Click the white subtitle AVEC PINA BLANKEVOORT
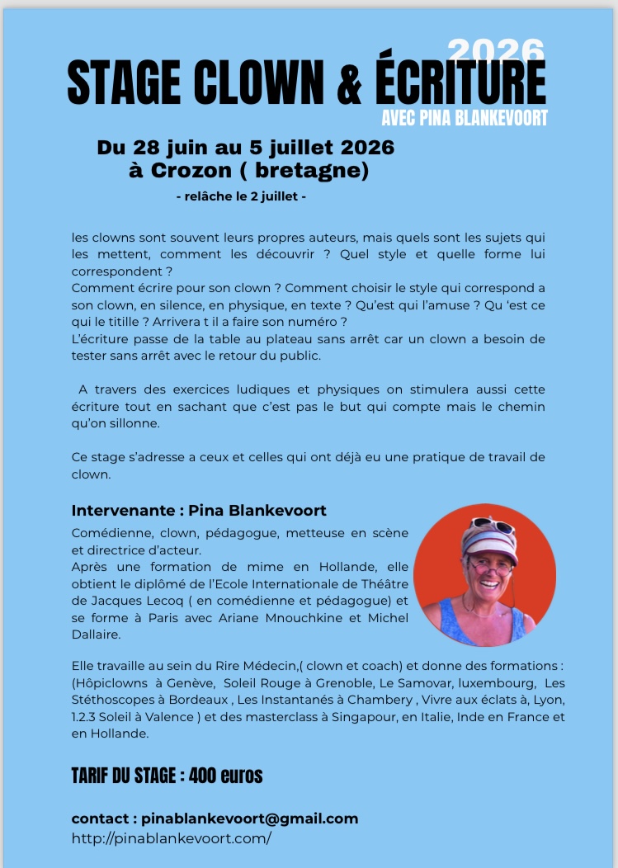pyautogui.click(x=465, y=118)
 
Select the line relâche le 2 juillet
pyautogui.click(x=242, y=198)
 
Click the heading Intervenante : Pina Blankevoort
pyautogui.click(x=199, y=511)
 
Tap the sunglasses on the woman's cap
pyautogui.click(x=492, y=526)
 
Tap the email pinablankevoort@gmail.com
pyautogui.click(x=250, y=818)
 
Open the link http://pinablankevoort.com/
pyautogui.click(x=172, y=838)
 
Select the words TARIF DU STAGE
pyautogui.click(x=124, y=776)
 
